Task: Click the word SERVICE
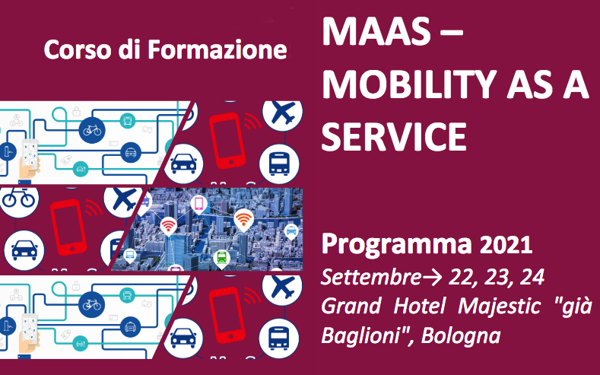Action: pyautogui.click(x=394, y=138)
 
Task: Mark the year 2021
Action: pyautogui.click(x=506, y=246)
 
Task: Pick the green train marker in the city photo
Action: pyautogui.click(x=221, y=256)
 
